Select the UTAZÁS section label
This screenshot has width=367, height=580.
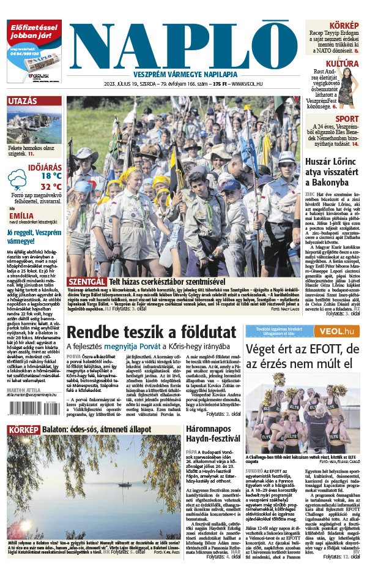[23, 101]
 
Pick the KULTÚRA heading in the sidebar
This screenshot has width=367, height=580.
[341, 64]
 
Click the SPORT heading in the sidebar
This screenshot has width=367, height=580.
[347, 119]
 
